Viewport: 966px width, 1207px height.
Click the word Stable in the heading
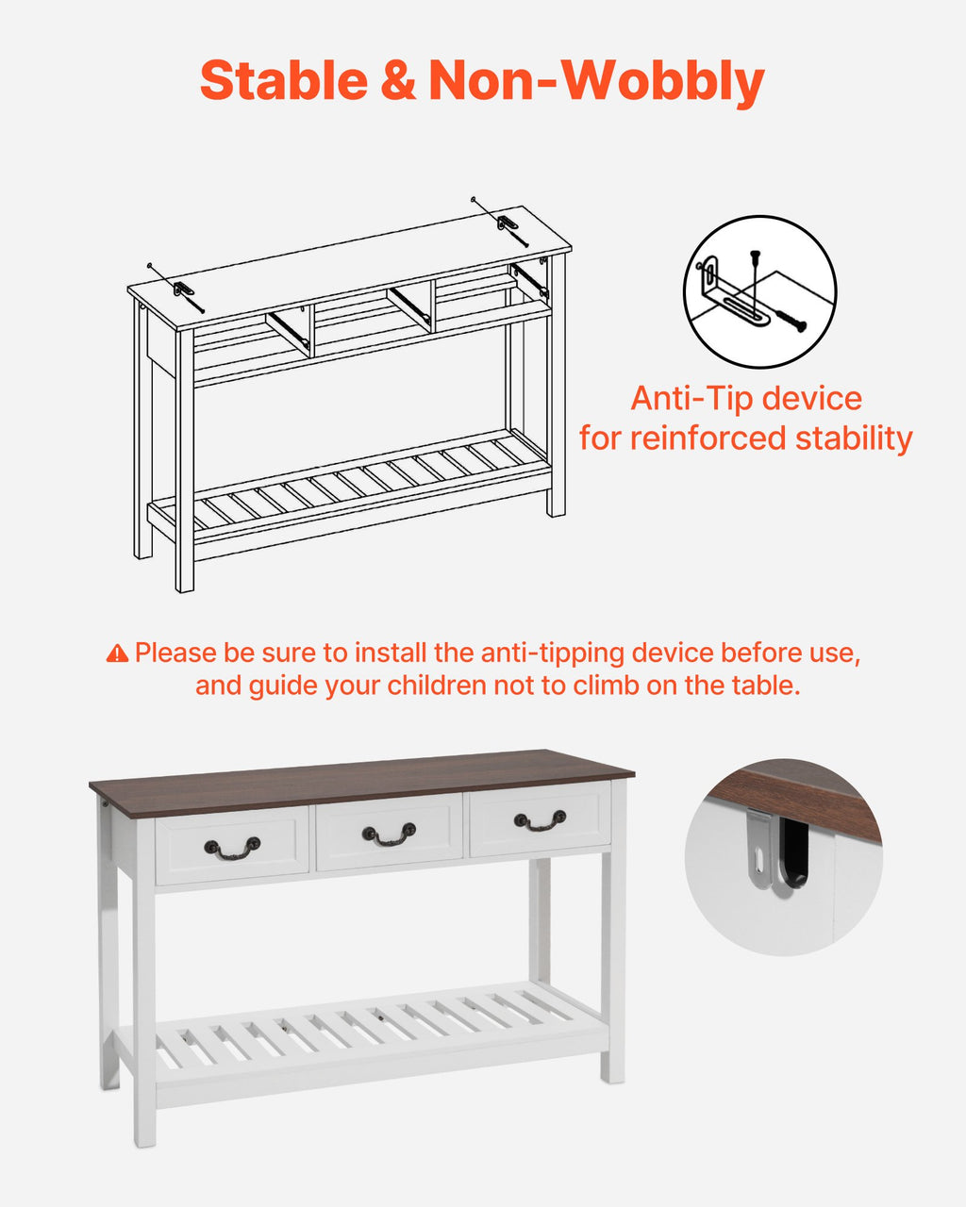pos(284,81)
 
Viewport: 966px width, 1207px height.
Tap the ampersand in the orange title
pos(398,81)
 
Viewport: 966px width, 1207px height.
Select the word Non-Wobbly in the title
pos(596,82)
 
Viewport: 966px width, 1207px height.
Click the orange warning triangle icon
pos(117,653)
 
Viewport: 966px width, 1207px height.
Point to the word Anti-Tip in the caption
pos(691,398)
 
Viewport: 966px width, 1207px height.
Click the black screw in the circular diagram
pos(791,320)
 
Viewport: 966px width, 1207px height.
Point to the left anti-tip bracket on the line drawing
pos(182,289)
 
